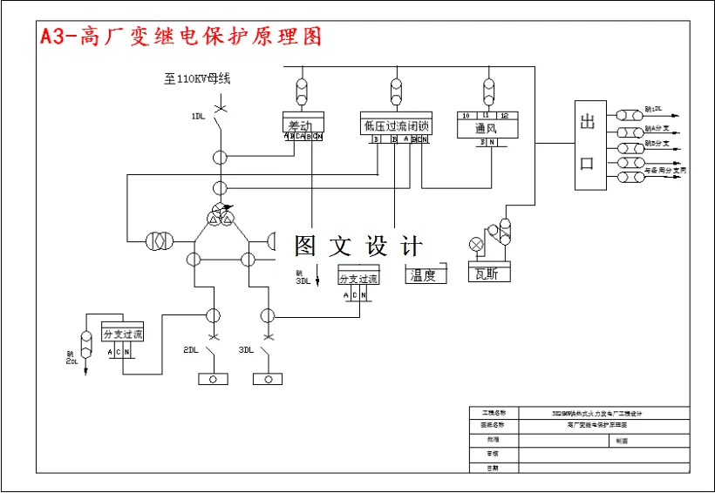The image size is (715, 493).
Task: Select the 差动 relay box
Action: pos(303,125)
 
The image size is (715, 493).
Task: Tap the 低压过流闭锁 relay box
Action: pos(396,125)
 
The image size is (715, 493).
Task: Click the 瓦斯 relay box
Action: pos(487,273)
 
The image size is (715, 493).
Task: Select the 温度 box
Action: pos(426,274)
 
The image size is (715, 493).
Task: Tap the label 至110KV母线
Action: pos(197,79)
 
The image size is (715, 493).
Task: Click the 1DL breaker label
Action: pos(199,116)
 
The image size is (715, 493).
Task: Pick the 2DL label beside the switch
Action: pos(192,350)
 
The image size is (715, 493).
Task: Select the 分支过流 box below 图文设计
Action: pos(358,278)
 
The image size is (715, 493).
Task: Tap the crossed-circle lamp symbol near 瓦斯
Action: pos(477,243)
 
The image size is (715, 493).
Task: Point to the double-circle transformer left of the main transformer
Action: pos(160,240)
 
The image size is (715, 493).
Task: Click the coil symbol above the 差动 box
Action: pos(303,91)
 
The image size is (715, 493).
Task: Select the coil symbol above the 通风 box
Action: pos(487,91)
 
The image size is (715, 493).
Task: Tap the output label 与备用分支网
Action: pos(664,171)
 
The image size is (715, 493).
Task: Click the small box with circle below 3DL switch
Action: pos(267,379)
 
